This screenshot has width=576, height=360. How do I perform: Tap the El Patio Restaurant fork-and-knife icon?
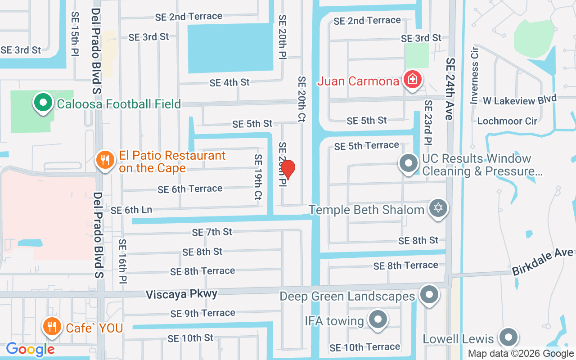coord(105,160)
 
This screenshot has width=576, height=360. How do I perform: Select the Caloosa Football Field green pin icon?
coord(43,103)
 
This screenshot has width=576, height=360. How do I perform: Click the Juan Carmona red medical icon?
coord(411,80)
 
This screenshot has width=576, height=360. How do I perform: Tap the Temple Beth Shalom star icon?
coord(438,209)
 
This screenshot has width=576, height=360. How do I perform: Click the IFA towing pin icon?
coord(378,320)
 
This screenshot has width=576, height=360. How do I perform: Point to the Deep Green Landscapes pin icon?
coord(428,295)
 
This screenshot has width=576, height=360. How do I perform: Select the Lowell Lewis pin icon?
coord(509,337)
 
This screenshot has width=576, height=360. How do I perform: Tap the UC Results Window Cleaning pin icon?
coord(409,163)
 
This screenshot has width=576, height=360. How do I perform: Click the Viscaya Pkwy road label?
coord(181,294)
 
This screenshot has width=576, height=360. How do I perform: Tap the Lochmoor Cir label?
coord(507,121)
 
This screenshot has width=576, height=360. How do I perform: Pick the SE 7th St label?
coord(212,232)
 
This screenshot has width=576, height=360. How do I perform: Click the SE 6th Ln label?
coord(131,210)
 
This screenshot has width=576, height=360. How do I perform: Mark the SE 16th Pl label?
coord(122,261)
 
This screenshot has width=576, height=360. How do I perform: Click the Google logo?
coord(31,349)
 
